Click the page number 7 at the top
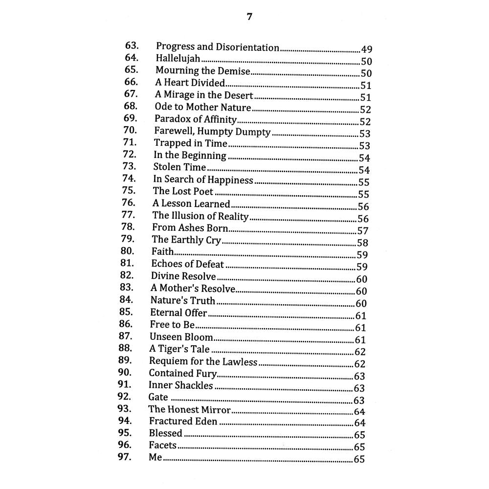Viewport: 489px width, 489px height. click(x=249, y=17)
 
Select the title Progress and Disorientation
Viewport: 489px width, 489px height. click(x=217, y=47)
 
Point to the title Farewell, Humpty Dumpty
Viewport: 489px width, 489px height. click(x=212, y=132)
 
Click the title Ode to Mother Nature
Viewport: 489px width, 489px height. click(x=203, y=108)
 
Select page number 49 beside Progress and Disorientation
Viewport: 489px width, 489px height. click(x=367, y=49)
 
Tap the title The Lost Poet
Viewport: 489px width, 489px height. click(x=183, y=192)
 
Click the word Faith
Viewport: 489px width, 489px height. click(x=163, y=252)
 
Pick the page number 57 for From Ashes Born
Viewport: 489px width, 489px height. click(x=363, y=231)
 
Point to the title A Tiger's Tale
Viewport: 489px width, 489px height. click(x=179, y=349)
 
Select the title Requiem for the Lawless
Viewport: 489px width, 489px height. click(x=203, y=362)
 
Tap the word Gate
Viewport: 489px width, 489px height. click(x=158, y=397)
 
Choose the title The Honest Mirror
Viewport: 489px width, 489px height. click(x=189, y=410)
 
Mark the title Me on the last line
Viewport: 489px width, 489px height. click(x=155, y=458)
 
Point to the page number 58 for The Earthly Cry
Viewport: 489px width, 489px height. click(x=362, y=243)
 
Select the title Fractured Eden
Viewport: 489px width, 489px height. click(x=183, y=422)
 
